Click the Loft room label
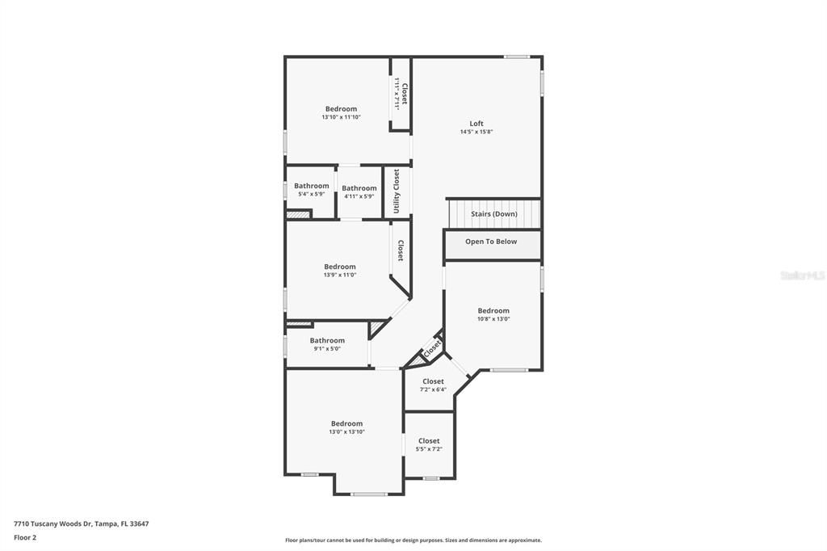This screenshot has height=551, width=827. (476, 124)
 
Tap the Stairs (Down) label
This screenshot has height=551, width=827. (494, 214)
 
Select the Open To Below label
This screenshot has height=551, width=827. (491, 242)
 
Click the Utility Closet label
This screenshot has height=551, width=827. (397, 192)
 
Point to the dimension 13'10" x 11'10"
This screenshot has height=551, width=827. (341, 117)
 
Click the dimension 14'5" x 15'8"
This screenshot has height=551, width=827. (476, 132)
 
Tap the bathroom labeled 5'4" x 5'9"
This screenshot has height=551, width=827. (311, 186)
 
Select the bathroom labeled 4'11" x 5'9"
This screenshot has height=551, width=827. (359, 188)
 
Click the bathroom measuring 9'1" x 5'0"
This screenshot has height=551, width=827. (327, 341)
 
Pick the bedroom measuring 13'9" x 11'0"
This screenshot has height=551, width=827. (340, 267)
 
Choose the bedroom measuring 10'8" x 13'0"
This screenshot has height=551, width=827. (493, 311)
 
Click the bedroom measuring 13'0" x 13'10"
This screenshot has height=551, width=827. (346, 423)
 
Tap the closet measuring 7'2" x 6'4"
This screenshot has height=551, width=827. (433, 381)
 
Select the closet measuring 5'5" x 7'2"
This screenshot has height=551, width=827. (429, 441)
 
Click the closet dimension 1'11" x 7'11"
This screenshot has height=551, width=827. (397, 93)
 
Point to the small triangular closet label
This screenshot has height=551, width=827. (432, 348)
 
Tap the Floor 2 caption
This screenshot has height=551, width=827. (25, 537)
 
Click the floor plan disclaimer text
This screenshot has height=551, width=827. (413, 540)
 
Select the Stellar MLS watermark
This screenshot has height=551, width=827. (802, 275)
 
